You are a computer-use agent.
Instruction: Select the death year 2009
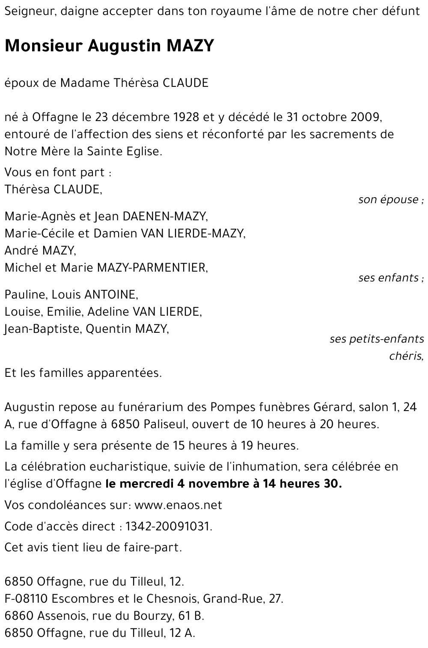tap(365, 117)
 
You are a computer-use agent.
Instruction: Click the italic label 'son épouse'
tap(389, 200)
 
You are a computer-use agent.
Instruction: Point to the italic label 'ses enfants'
tap(389, 278)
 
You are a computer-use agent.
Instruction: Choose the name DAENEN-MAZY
tap(164, 216)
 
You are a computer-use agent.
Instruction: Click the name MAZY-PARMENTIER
tap(152, 268)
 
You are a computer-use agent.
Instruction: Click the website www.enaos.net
tap(178, 505)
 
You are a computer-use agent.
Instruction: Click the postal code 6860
tap(18, 615)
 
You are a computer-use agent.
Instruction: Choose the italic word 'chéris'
tap(406, 356)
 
